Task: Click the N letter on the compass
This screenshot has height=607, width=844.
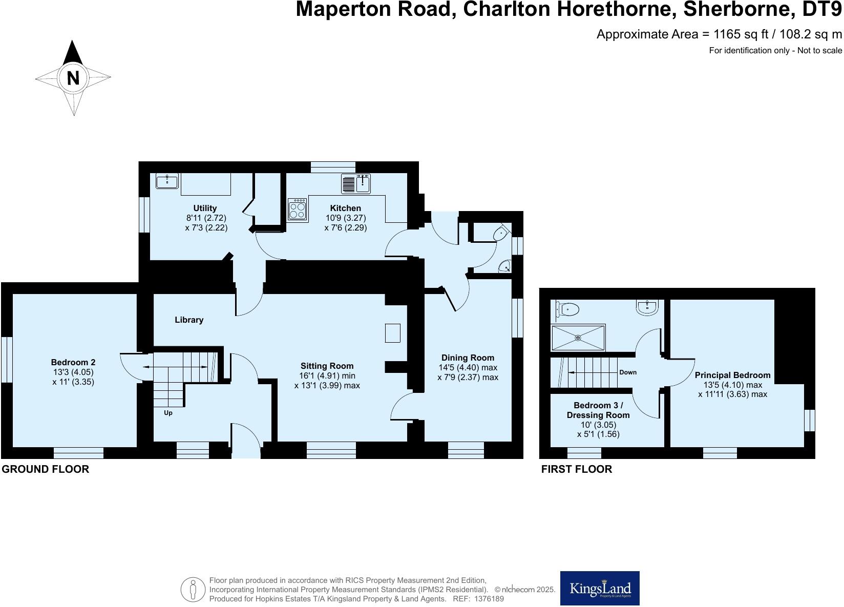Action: [x=73, y=78]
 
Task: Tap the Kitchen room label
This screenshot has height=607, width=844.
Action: [x=345, y=208]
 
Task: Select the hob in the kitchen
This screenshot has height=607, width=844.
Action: [x=297, y=210]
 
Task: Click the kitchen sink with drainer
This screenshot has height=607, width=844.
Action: [x=356, y=183]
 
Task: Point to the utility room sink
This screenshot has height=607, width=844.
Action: [x=167, y=181]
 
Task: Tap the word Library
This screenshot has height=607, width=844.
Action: [x=189, y=320]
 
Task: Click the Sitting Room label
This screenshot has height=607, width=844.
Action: [x=327, y=366]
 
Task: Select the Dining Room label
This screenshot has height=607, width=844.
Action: [x=468, y=358]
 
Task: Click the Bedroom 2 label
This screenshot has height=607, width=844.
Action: [x=73, y=362]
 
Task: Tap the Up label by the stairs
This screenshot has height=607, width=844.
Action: [x=168, y=413]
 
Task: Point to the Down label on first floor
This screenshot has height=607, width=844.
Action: [x=628, y=372]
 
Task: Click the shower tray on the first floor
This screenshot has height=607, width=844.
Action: [x=578, y=338]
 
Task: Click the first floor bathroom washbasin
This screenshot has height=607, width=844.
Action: [x=647, y=307]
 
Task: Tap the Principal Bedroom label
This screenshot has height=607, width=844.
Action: [x=732, y=375]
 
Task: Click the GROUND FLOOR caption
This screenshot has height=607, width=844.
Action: [x=46, y=469]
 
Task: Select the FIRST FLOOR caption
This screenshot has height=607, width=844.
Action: [x=577, y=469]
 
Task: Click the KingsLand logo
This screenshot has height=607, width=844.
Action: [x=600, y=588]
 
